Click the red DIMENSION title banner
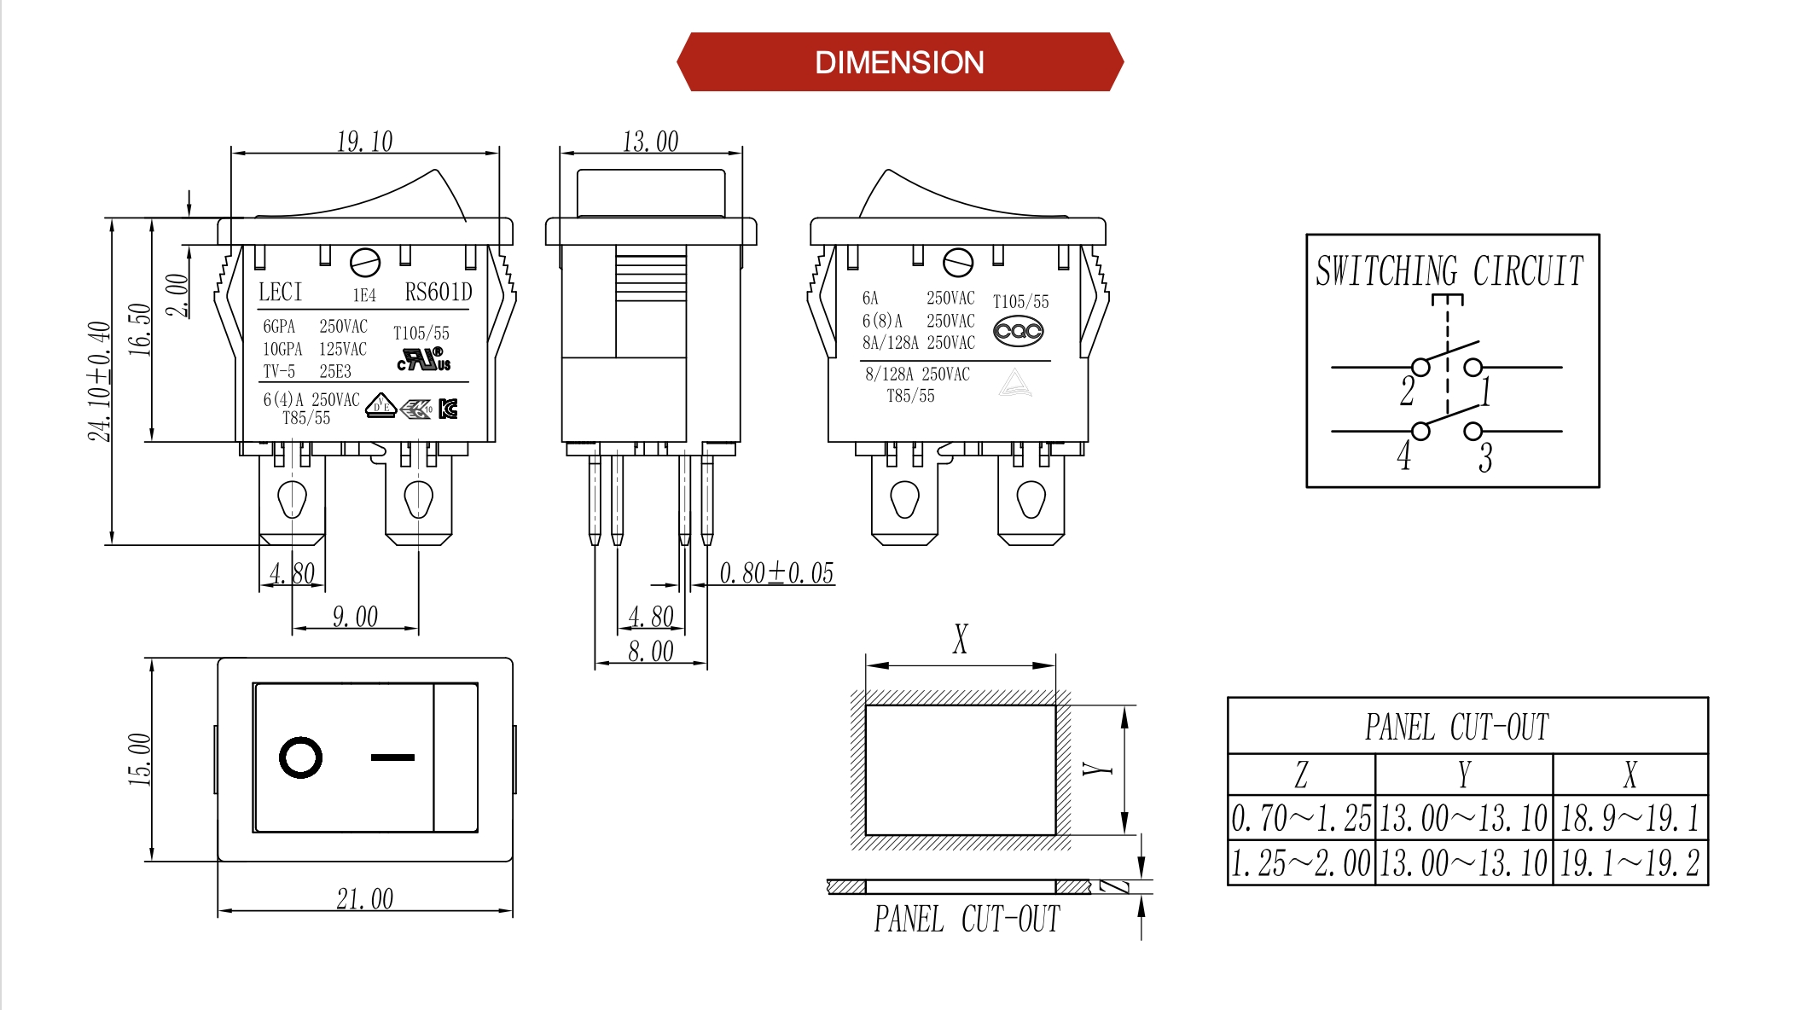[x=899, y=62]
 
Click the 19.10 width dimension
[x=364, y=142]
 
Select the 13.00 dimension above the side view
[x=650, y=142]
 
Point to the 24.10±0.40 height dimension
[x=99, y=381]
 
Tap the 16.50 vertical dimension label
[x=139, y=329]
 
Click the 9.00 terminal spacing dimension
[x=355, y=617]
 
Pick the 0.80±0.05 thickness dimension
[x=776, y=573]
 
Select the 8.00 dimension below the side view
[x=650, y=652]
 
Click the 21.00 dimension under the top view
[x=364, y=899]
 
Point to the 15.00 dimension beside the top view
[x=139, y=759]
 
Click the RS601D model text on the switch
[x=438, y=293]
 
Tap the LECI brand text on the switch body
[x=281, y=293]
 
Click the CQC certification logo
[x=1018, y=331]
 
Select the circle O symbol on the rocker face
[x=300, y=757]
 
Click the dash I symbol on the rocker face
[x=392, y=757]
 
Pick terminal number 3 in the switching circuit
[x=1485, y=458]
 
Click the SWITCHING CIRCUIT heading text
[x=1449, y=271]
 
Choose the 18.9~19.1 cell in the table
[x=1629, y=819]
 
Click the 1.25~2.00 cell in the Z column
[x=1301, y=863]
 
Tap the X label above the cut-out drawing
[x=961, y=638]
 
